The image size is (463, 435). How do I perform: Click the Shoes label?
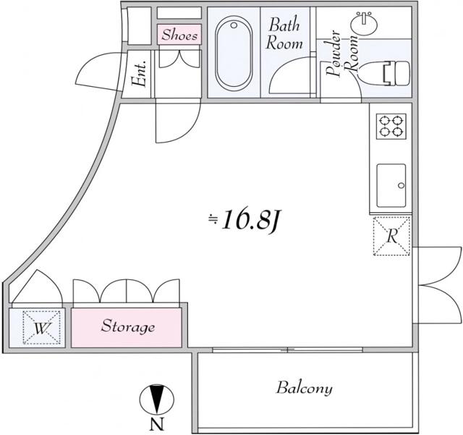click(179, 35)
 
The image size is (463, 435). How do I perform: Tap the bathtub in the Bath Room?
click(234, 52)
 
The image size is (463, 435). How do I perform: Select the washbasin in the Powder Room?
click(364, 23)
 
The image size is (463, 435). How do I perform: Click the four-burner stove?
click(391, 126)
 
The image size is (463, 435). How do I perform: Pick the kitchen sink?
click(391, 185)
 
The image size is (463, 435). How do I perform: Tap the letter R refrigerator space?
click(392, 236)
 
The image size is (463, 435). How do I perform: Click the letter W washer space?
click(42, 327)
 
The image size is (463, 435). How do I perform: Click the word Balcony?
click(305, 388)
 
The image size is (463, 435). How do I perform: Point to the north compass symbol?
click(156, 400)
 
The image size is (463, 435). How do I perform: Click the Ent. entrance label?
click(139, 74)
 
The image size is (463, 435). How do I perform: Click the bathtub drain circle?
click(234, 25)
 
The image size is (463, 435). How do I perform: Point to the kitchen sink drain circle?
click(401, 185)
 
